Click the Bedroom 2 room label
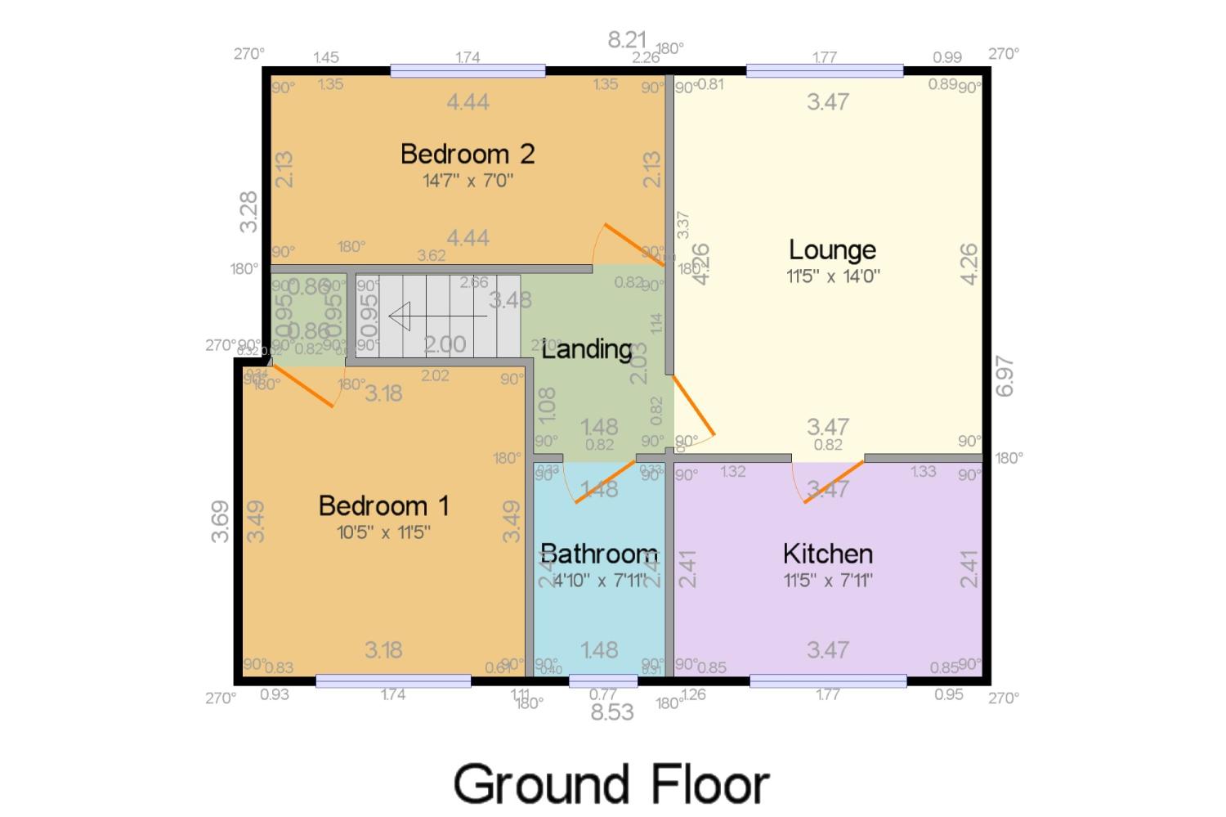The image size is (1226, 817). pos(468,154)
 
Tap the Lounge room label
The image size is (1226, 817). pos(832,249)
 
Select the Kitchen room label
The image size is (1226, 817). pos(828,554)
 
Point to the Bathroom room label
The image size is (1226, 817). pos(599,554)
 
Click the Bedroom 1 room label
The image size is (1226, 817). pos(383,505)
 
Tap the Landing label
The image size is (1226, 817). pos(587,349)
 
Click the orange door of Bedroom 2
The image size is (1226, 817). pos(633,245)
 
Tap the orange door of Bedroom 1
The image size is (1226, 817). pos(302,386)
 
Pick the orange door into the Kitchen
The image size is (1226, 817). pos(834,482)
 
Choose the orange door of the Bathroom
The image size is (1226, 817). pos(606,482)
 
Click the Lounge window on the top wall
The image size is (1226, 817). pos(825,71)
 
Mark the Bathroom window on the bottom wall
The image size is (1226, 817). pos(603,680)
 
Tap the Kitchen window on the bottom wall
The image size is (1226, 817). pos(828,680)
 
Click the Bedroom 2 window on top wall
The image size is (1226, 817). pos(468,71)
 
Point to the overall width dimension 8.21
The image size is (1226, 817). pos(627,39)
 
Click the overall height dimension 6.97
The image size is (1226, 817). pos(1005,375)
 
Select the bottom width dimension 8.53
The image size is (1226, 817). pos(612,712)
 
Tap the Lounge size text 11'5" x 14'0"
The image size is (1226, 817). pos(832,276)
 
